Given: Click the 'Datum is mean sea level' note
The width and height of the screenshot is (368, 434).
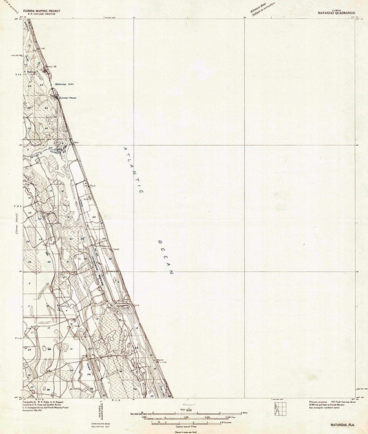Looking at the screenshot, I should [175, 430].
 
